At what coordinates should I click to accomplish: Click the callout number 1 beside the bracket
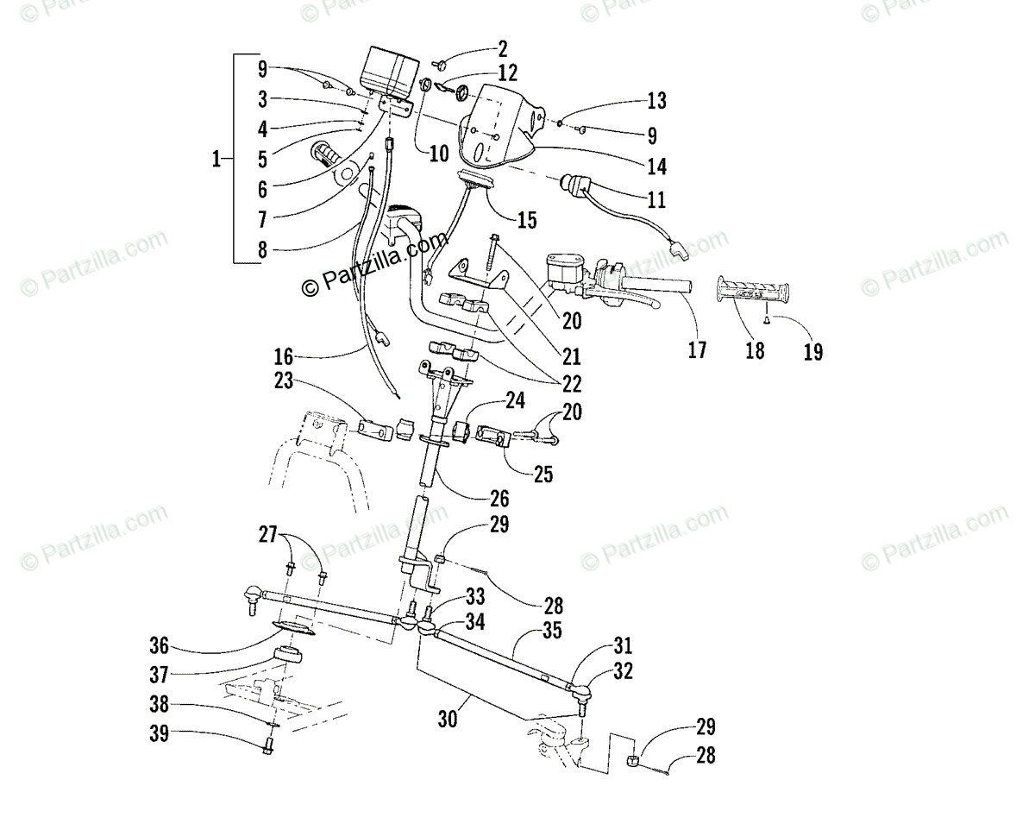click(x=218, y=158)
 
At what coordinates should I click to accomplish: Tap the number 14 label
click(x=656, y=166)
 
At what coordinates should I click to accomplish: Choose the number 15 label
click(x=526, y=220)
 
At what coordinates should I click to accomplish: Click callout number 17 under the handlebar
click(x=697, y=349)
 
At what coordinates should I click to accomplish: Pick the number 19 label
click(x=812, y=351)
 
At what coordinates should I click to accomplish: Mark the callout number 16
click(x=282, y=355)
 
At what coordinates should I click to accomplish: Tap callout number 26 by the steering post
click(x=499, y=498)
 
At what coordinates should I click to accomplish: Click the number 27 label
click(x=268, y=536)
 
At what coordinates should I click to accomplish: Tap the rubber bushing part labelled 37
click(x=289, y=654)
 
